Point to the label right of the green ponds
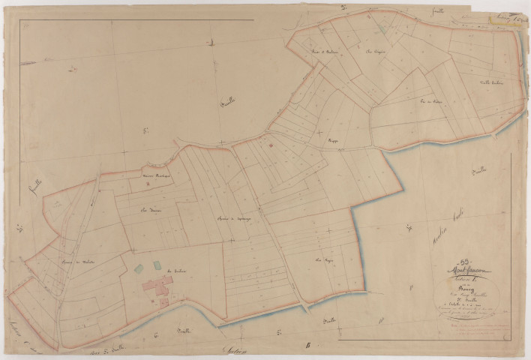(x=177, y=271)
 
